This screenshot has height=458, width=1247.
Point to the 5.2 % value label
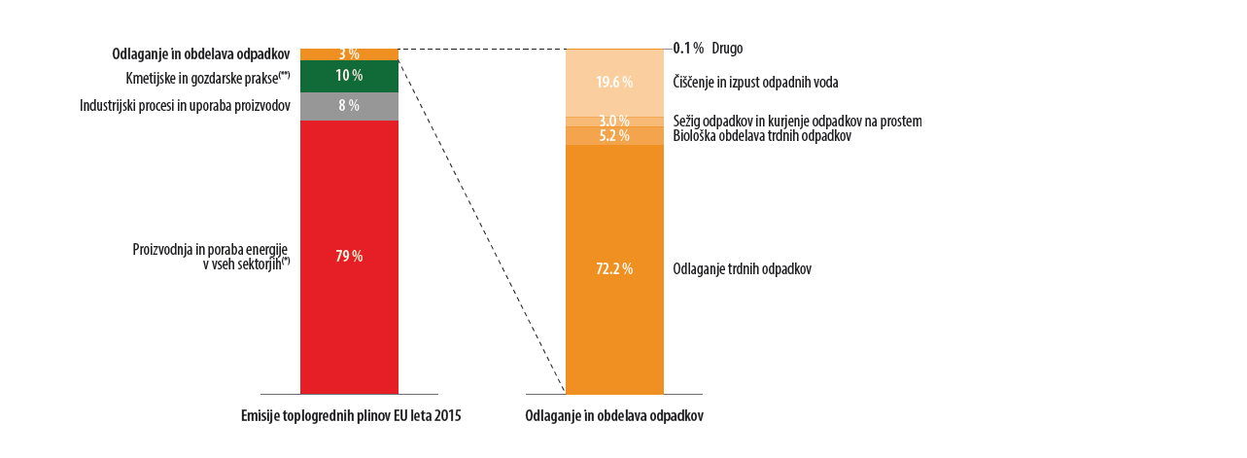(614, 136)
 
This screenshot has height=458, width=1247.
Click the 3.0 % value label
(614, 121)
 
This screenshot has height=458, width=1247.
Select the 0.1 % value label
(687, 48)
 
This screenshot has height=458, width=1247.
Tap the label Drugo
(727, 48)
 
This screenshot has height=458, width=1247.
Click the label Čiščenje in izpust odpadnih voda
(755, 83)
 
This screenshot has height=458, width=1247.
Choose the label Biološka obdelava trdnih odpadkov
(762, 136)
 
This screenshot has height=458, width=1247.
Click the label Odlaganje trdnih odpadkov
(742, 268)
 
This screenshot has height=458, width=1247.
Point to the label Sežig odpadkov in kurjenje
(797, 121)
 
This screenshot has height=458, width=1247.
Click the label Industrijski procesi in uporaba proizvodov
(185, 104)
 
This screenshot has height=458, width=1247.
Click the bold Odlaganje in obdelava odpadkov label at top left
(201, 53)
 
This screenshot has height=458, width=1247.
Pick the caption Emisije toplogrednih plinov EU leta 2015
(351, 415)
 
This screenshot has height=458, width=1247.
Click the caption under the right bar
(614, 415)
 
